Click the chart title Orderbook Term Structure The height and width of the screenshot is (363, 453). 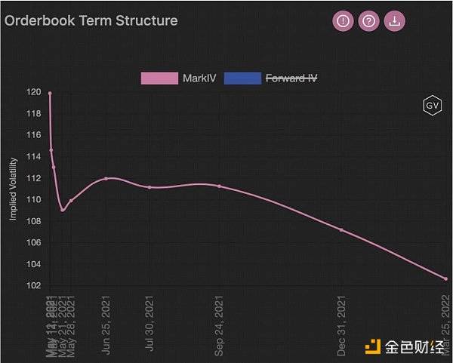click(x=91, y=20)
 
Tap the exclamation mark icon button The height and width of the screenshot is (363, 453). click(x=344, y=21)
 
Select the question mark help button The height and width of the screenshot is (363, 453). click(x=368, y=21)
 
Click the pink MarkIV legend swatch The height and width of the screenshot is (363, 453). click(x=159, y=78)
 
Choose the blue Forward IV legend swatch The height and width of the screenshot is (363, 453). click(x=242, y=78)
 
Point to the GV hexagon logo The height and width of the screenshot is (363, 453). click(x=432, y=106)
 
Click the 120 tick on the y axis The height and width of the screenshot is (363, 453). click(x=34, y=92)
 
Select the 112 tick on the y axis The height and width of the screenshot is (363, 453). click(x=34, y=178)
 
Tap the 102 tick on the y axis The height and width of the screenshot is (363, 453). click(x=34, y=285)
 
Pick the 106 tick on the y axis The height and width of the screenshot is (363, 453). click(x=34, y=242)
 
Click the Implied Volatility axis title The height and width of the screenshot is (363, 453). click(x=13, y=189)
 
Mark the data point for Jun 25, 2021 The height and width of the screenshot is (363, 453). click(x=106, y=178)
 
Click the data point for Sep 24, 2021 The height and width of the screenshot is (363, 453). click(x=220, y=186)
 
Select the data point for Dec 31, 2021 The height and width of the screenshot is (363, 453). click(x=341, y=229)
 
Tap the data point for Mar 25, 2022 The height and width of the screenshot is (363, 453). click(x=445, y=278)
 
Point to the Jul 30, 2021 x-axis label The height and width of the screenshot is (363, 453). click(x=149, y=324)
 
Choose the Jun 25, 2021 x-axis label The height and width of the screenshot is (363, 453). click(x=106, y=325)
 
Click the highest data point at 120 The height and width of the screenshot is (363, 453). click(x=50, y=93)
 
